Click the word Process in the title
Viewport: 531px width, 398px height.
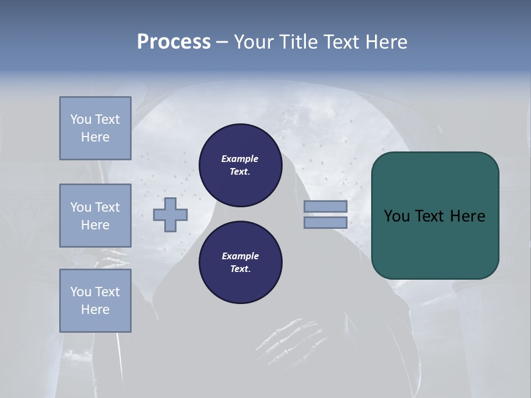174,42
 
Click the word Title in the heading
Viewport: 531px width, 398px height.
298,42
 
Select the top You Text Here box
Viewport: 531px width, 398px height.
95,128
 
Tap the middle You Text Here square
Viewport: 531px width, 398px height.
95,216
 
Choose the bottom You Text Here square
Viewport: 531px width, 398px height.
95,301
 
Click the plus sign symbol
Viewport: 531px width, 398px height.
170,214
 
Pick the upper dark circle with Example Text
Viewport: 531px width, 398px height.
240,165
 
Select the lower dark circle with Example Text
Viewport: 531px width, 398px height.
240,263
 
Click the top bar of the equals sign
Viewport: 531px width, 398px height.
325,207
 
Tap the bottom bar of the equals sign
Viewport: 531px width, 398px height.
325,223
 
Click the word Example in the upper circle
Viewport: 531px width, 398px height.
240,159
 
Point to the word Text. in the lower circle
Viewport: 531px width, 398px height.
240,269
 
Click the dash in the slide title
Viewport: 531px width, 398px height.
222,42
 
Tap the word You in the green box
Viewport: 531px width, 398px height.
397,216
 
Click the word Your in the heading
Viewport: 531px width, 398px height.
254,42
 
